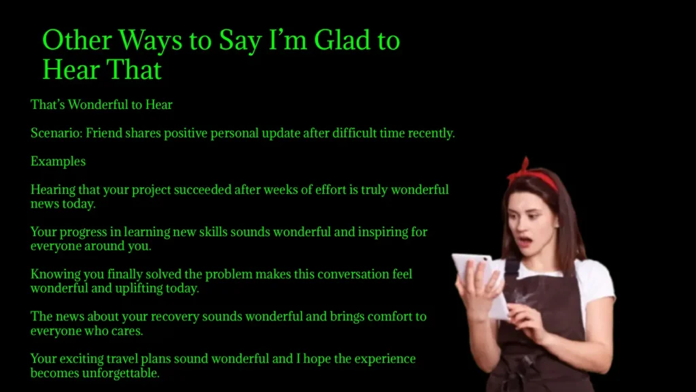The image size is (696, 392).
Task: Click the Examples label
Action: coord(58,162)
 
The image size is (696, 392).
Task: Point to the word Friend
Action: coord(103,133)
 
